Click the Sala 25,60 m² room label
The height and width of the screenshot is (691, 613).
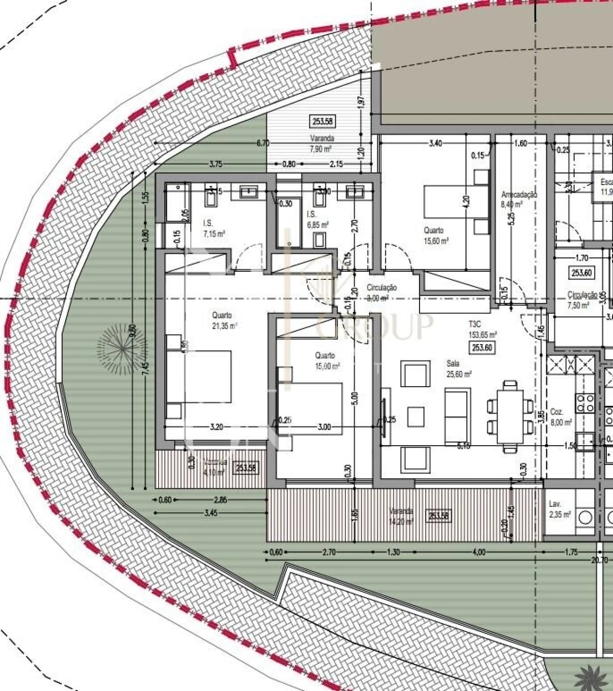click(458, 369)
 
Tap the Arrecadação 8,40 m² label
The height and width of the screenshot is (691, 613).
click(519, 199)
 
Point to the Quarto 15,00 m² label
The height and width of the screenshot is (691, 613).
click(327, 360)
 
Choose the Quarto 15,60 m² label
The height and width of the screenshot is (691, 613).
click(436, 236)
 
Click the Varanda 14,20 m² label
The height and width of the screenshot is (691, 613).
click(401, 516)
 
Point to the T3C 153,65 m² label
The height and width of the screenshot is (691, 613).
click(482, 330)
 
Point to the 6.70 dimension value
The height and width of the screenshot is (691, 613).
click(263, 143)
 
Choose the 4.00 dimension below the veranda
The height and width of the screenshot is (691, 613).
click(478, 552)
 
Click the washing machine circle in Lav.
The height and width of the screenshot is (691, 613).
click(585, 517)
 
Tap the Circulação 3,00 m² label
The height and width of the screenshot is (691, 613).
click(381, 292)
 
